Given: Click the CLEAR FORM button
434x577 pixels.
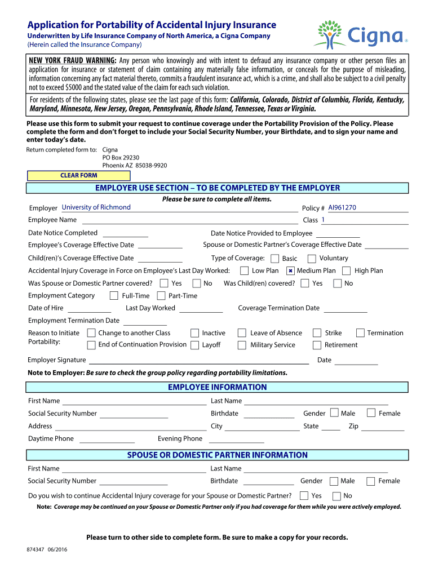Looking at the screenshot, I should point(78,175).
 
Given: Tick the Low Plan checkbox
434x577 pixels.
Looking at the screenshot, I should point(246,271).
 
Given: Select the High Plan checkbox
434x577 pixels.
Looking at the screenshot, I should point(347,271).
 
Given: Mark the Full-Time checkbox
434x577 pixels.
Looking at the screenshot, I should point(114,296).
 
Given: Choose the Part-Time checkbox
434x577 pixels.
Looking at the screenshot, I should point(161,296).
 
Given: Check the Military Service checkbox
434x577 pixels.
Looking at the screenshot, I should point(242,345).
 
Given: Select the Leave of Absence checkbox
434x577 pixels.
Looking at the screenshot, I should point(242,333).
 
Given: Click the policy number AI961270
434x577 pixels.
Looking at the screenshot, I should point(342,208).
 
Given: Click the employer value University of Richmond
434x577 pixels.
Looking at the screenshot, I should point(96,207).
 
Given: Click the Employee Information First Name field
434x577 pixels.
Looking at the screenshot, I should point(134,401).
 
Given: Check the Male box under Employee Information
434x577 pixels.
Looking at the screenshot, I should point(335,413).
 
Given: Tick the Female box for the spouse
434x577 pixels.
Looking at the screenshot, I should point(371,481).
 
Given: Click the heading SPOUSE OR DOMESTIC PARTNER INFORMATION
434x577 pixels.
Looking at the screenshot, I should point(217,455).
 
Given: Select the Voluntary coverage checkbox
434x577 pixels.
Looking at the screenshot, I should point(312,259).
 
